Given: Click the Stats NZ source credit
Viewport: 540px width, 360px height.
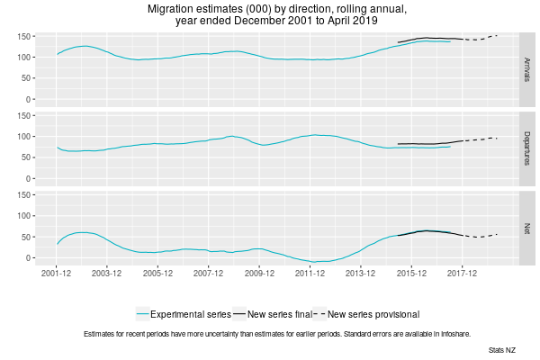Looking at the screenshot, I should tap(502, 348).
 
